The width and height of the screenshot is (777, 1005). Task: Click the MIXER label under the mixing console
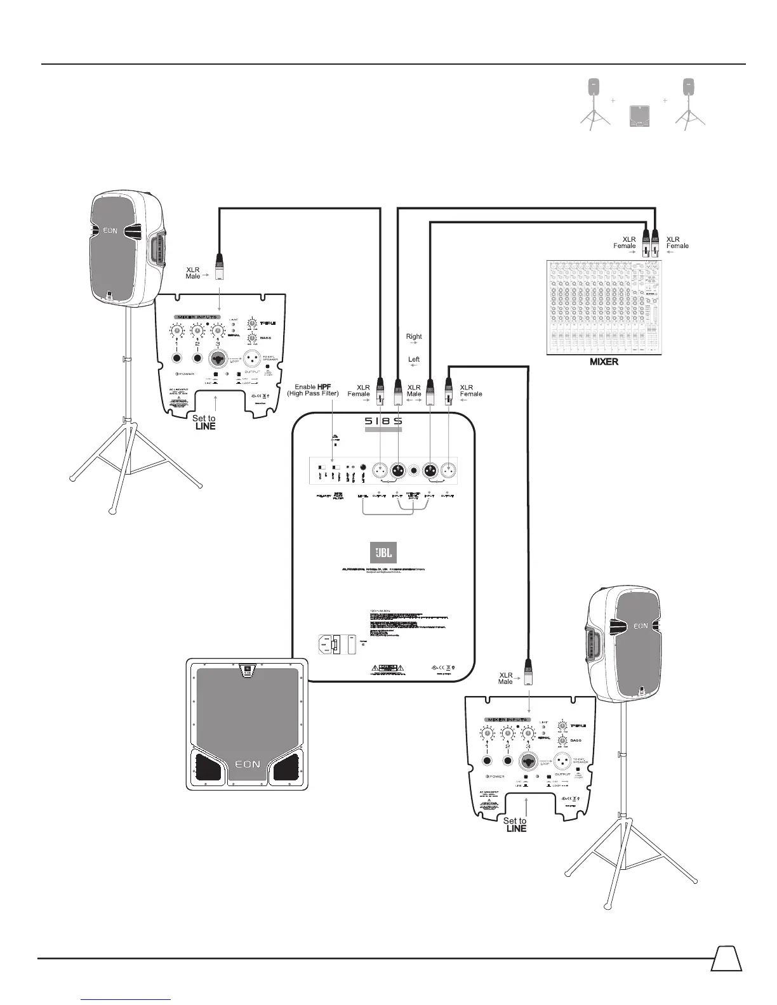click(604, 362)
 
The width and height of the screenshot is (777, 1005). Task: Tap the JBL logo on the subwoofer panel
click(383, 552)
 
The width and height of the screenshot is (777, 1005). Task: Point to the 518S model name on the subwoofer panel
click(383, 421)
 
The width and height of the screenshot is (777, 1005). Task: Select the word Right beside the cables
click(414, 337)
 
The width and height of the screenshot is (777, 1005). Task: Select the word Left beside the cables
click(414, 360)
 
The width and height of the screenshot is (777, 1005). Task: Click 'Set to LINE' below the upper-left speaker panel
click(204, 423)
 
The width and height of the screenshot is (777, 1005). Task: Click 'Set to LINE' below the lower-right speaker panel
click(515, 825)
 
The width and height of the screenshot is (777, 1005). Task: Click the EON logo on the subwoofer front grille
click(247, 764)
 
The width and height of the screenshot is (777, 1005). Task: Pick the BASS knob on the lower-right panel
click(561, 741)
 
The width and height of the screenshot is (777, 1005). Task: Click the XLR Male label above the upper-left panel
click(193, 273)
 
